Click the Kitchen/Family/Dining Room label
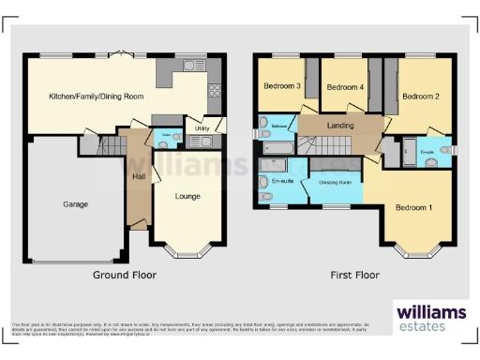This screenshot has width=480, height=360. coord(96,96)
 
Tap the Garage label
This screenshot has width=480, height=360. coord(75,203)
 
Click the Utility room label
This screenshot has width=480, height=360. coord(201,129)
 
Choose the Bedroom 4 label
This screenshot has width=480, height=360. coord(344,87)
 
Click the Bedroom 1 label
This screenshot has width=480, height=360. coord(413,207)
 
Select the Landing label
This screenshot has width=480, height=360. coord(338,126)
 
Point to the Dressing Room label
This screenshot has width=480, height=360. coord(335,182)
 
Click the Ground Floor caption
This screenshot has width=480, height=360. coord(124,276)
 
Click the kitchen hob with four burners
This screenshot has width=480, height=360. coord(214,91)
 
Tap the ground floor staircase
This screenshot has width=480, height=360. coord(112,145)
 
